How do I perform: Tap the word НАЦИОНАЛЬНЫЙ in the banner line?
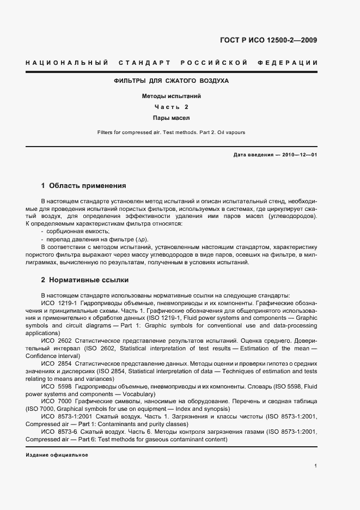[x=67, y=63]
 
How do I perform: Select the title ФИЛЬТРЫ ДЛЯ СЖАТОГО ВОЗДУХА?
[x=171, y=81]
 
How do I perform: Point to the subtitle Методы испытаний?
[x=171, y=96]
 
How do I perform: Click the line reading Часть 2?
[x=171, y=107]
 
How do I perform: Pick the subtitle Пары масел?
[x=171, y=117]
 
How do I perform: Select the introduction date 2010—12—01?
[x=299, y=155]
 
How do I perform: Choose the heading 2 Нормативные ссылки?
[x=85, y=280]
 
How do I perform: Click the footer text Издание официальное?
[x=57, y=454]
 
